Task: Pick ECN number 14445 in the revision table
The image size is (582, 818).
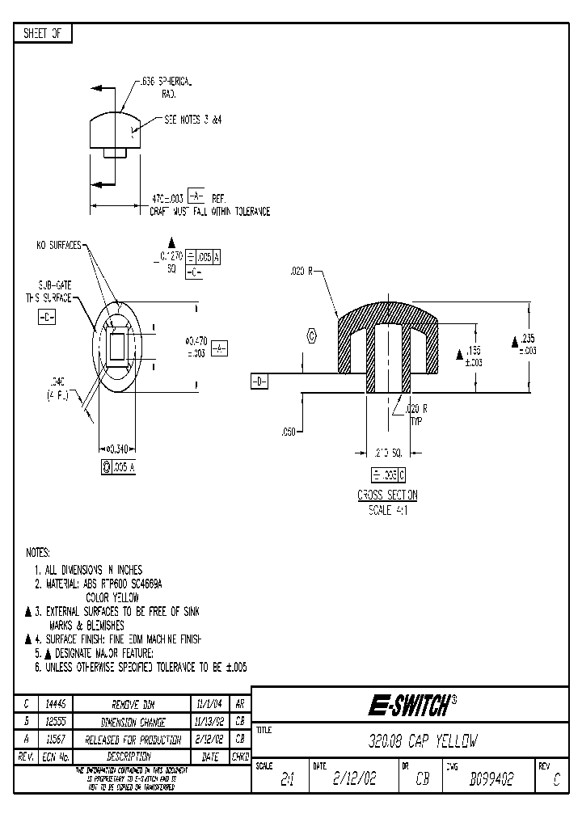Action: (55, 704)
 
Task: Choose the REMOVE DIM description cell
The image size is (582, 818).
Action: (132, 704)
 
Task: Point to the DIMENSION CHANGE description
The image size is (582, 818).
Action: (132, 722)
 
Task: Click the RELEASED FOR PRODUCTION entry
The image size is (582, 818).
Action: (132, 739)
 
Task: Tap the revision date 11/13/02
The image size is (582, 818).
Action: (209, 722)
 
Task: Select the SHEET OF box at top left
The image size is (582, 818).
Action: (44, 33)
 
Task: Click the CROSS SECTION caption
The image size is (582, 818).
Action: (387, 495)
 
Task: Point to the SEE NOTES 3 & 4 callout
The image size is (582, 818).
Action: (192, 119)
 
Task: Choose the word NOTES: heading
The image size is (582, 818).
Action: (38, 553)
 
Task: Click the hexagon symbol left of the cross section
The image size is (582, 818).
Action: (310, 336)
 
